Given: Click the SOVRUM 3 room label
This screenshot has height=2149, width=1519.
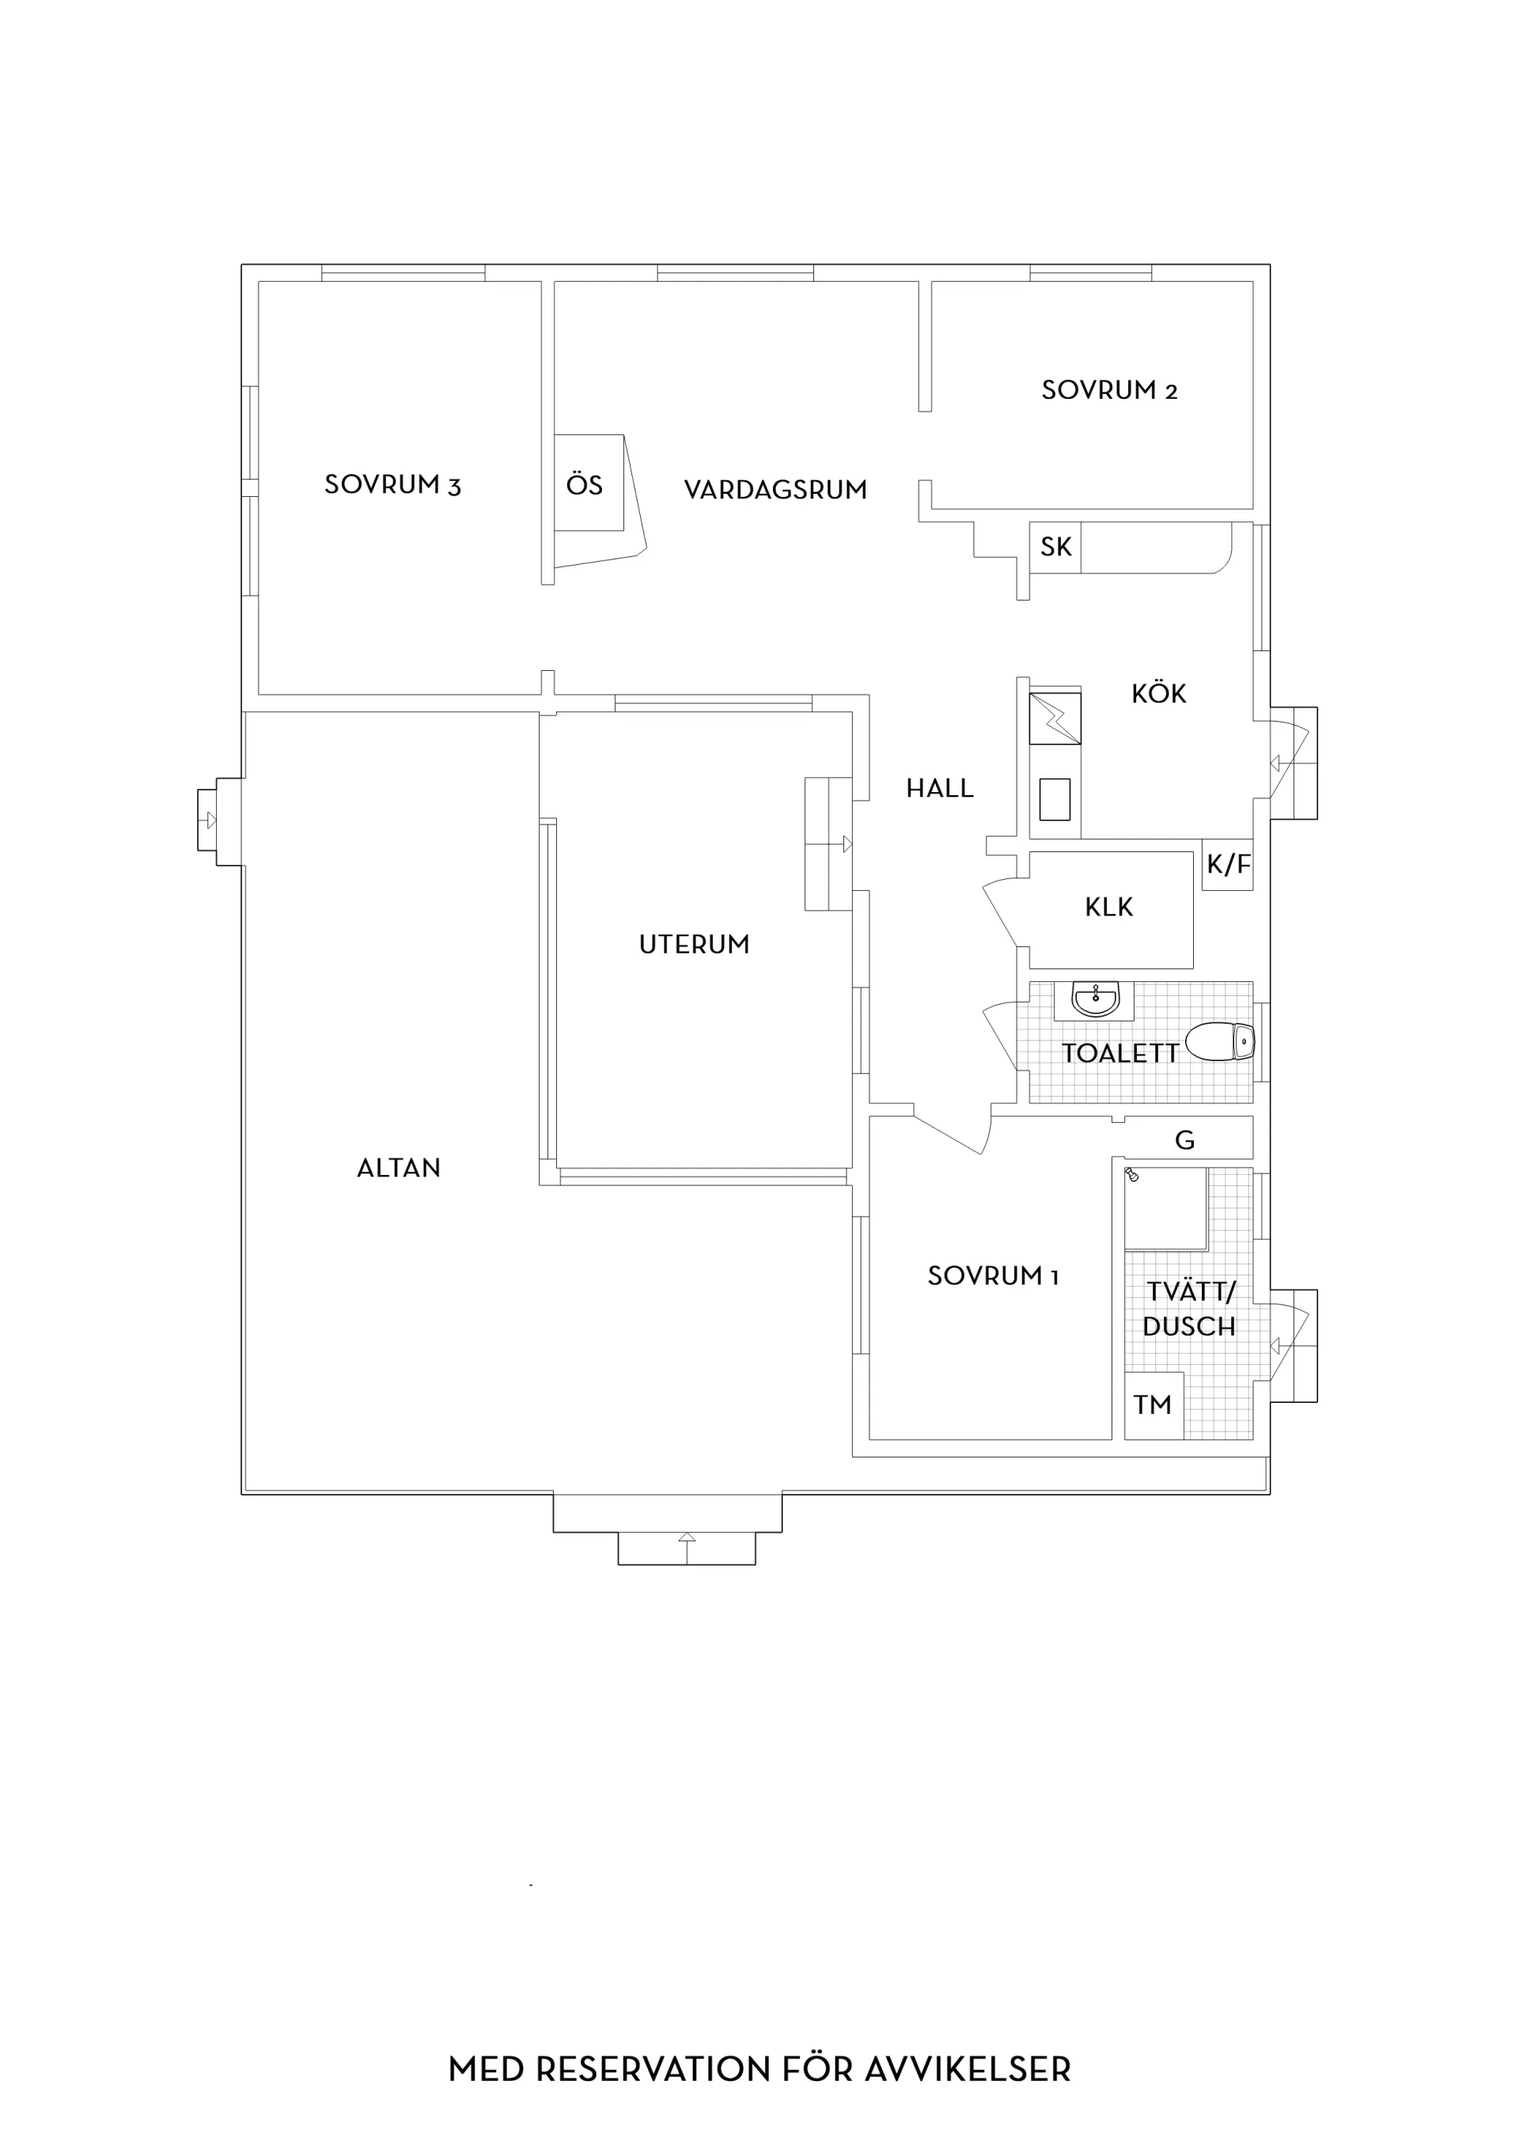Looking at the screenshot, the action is pyautogui.click(x=392, y=485).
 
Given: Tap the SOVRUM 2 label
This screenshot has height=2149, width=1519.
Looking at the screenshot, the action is pyautogui.click(x=1109, y=390).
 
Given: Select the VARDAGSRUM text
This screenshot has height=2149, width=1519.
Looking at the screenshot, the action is pyautogui.click(x=775, y=490).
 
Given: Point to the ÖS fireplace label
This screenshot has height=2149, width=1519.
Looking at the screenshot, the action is pyautogui.click(x=584, y=484).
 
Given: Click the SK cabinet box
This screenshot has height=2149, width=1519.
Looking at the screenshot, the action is pyautogui.click(x=1055, y=547).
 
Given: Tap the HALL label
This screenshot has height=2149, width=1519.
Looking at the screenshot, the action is pyautogui.click(x=940, y=788).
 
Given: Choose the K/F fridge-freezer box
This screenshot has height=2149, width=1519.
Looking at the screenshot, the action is pyautogui.click(x=1227, y=864).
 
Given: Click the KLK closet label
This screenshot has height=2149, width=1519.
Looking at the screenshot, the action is pyautogui.click(x=1109, y=907).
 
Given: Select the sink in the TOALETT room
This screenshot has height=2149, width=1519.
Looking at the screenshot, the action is pyautogui.click(x=1095, y=999).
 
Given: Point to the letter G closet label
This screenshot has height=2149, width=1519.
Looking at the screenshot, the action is pyautogui.click(x=1185, y=1140).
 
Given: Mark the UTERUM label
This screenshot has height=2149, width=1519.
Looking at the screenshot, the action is pyautogui.click(x=695, y=945).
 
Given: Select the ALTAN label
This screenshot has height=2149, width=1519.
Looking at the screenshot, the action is pyautogui.click(x=399, y=1168).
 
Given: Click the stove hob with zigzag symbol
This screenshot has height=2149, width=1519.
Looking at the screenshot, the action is pyautogui.click(x=1055, y=718).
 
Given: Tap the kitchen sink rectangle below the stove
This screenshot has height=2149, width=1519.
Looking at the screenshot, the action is pyautogui.click(x=1055, y=799).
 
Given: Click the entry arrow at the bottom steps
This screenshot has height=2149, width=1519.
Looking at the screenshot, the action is pyautogui.click(x=687, y=1547).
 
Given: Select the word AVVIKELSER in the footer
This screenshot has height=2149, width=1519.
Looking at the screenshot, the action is pyautogui.click(x=968, y=2068).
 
